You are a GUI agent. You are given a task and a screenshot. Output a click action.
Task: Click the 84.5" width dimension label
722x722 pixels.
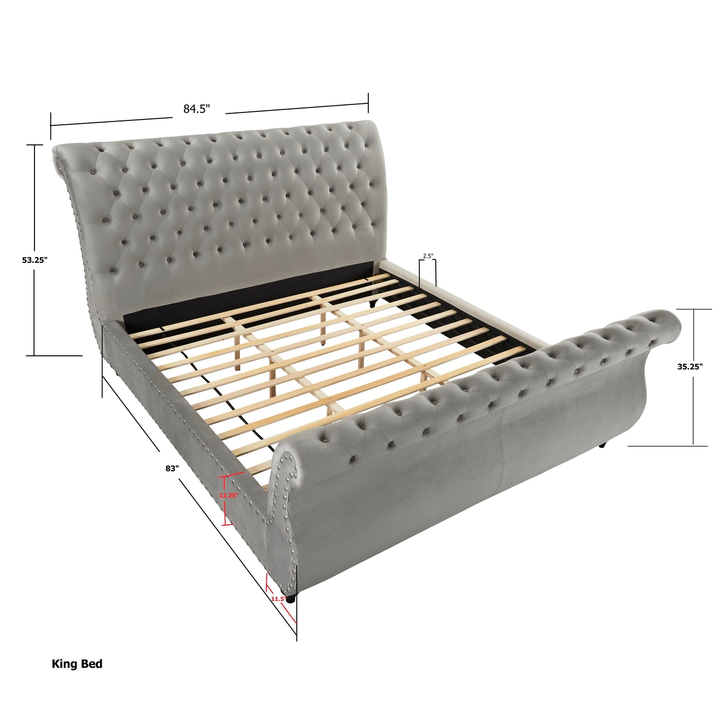196,109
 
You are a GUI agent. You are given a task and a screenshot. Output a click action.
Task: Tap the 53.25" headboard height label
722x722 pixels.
34,260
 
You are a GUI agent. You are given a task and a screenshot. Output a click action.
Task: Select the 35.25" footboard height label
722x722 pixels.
690,366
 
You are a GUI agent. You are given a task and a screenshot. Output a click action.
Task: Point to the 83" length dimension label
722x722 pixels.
172,469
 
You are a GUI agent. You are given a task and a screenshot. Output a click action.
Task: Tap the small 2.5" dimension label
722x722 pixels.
428,256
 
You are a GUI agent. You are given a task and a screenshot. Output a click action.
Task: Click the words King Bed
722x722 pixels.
77,664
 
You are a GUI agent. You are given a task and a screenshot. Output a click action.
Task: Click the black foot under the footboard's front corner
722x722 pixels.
290,598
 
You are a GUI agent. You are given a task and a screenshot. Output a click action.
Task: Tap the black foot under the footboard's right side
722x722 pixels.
604,445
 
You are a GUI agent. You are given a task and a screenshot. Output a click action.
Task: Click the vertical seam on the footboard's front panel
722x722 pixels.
501,440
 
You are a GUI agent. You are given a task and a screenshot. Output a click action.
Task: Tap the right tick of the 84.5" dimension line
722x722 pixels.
368,103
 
